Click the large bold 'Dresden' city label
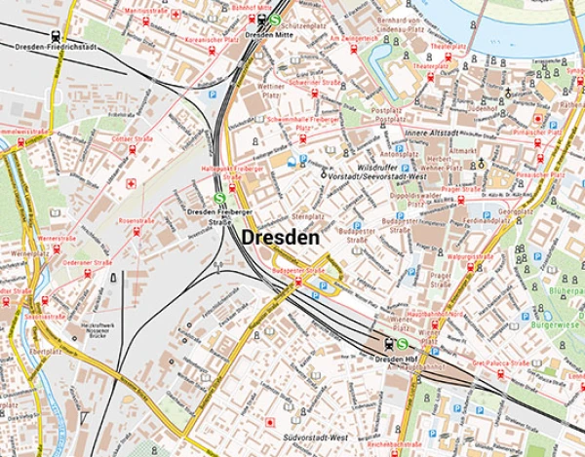pos(281,238)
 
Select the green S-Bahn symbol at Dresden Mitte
pos(276,19)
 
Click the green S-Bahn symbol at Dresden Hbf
pos(402,343)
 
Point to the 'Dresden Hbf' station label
pos(395,360)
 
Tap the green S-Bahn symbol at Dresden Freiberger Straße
pos(219,197)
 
